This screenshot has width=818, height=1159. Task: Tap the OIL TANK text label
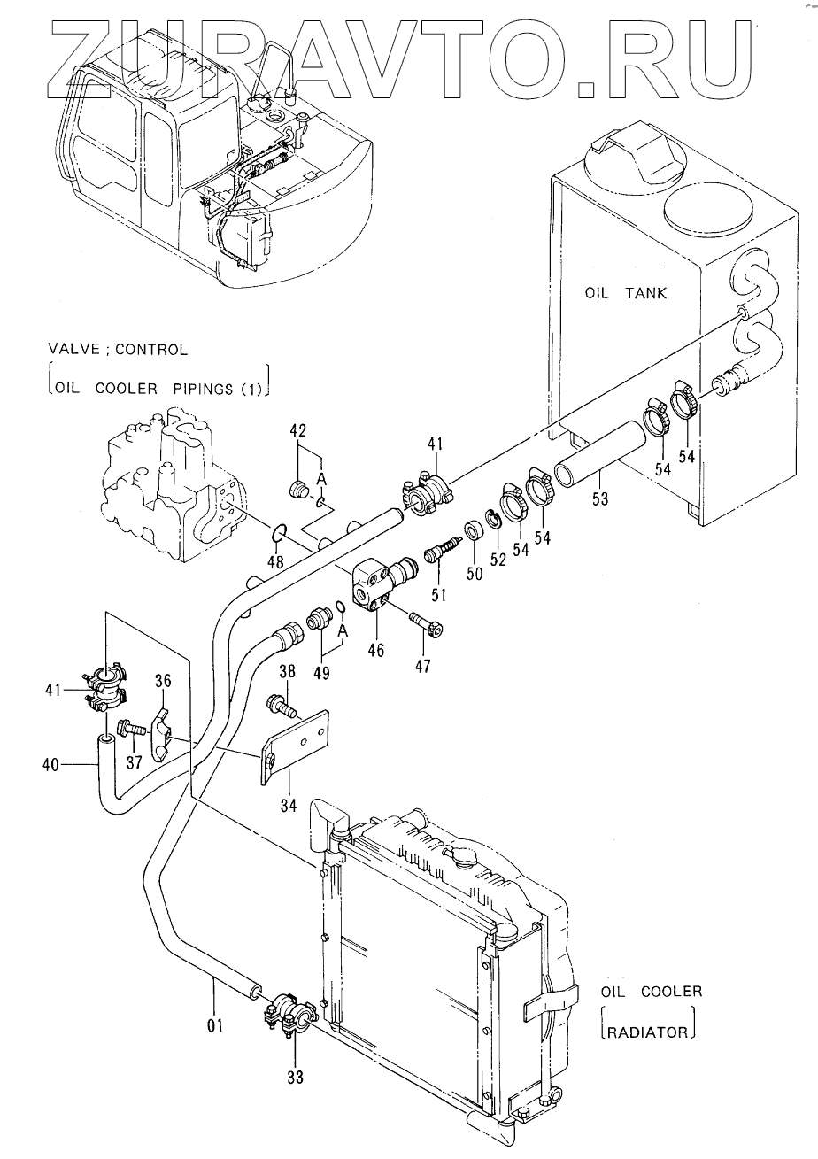[x=625, y=293]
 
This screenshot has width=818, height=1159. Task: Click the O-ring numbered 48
[x=278, y=534]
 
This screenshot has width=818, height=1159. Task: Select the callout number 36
[x=163, y=681]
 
